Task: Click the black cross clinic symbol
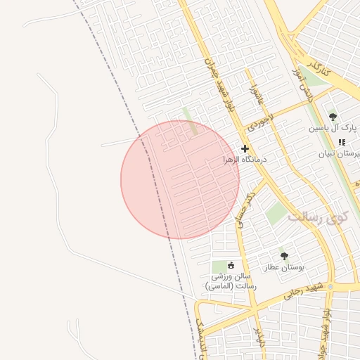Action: coord(245,148)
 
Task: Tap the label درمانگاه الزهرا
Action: coord(242,160)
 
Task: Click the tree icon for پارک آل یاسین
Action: coord(333,117)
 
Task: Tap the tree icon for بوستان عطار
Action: coord(284,256)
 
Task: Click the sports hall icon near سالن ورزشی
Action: coord(231,265)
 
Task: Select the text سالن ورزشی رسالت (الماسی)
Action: coord(231,281)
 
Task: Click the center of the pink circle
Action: coord(180,180)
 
